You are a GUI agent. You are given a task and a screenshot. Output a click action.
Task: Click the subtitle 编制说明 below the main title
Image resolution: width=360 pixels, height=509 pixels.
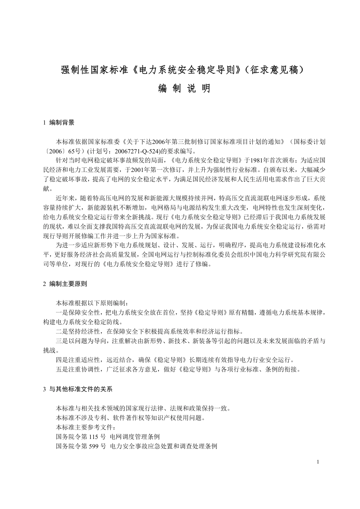click(184, 89)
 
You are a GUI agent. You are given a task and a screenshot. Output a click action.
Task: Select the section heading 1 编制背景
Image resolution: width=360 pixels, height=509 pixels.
click(59, 122)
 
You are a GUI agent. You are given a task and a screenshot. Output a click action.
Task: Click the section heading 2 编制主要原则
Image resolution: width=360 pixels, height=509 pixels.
click(66, 284)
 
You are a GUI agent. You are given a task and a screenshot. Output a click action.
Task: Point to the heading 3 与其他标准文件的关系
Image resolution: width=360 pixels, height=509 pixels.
click(78, 389)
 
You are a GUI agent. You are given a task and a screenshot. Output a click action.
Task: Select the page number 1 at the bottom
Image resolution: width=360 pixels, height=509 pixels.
click(318, 462)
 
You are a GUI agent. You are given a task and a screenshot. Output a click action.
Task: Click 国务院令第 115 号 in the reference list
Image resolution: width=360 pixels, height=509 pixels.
click(81, 437)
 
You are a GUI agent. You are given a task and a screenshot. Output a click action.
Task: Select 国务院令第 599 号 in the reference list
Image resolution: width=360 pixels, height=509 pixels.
click(81, 446)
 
